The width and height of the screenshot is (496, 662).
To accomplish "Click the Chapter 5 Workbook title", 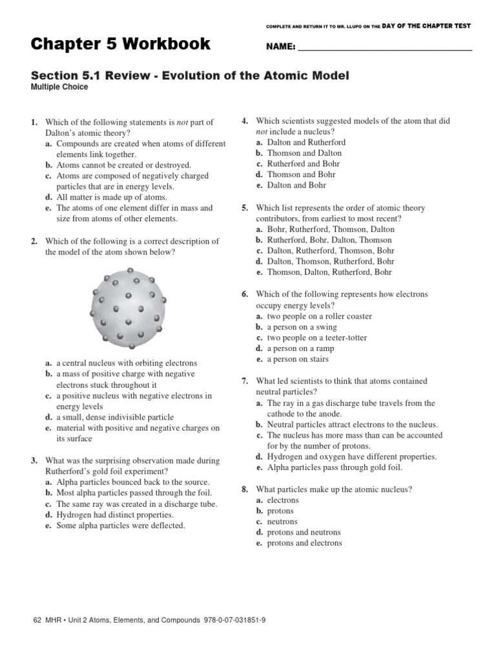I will point(120,45).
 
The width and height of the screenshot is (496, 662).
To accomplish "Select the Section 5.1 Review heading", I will point(190,76).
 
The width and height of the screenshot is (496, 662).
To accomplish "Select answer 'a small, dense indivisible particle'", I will point(115,417).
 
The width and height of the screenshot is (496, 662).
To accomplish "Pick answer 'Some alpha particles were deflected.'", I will point(120,526).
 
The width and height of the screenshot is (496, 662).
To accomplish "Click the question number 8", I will point(245,489).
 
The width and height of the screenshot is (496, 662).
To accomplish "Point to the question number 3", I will point(34,461).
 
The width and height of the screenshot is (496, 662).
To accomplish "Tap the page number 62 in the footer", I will point(36,620).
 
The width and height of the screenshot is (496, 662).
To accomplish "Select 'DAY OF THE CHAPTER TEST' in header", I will point(428,26).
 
